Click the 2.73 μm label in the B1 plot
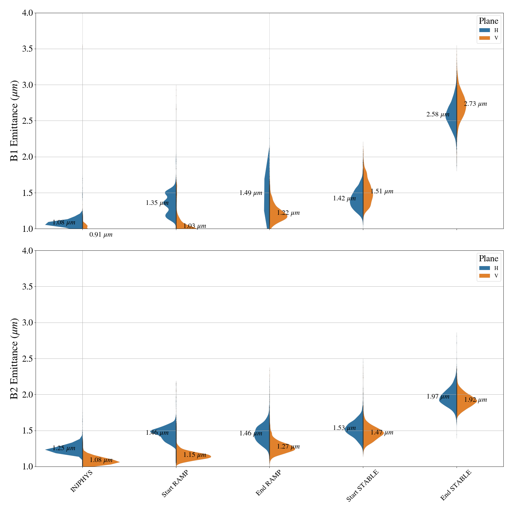click(x=475, y=104)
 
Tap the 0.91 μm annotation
click(x=101, y=235)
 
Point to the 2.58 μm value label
click(x=438, y=114)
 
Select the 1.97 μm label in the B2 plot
click(x=438, y=397)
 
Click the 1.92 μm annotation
click(x=475, y=400)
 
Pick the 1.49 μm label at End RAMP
click(x=251, y=193)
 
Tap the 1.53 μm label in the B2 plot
click(x=344, y=428)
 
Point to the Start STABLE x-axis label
click(x=362, y=486)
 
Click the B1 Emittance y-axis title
click(x=14, y=121)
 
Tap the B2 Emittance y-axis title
click(x=14, y=358)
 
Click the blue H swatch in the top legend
click(x=484, y=30)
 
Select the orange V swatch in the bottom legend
click(x=484, y=276)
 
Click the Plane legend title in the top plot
click(x=488, y=21)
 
